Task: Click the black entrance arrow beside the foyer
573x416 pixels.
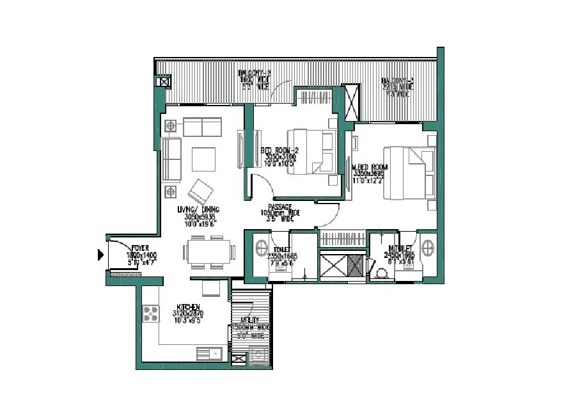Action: (x=100, y=255)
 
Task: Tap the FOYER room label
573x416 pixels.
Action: (x=140, y=248)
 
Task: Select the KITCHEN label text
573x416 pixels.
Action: (x=189, y=308)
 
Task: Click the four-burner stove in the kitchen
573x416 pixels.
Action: (x=151, y=314)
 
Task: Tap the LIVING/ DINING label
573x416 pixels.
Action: (x=200, y=209)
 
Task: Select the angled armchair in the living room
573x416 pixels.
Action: (x=201, y=189)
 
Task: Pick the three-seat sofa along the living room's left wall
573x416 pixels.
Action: (x=171, y=158)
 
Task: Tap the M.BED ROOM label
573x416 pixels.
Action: (x=370, y=168)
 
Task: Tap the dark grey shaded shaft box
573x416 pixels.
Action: (x=356, y=265)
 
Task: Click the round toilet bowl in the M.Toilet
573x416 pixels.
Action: (x=382, y=273)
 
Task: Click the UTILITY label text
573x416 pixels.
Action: (x=249, y=319)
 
